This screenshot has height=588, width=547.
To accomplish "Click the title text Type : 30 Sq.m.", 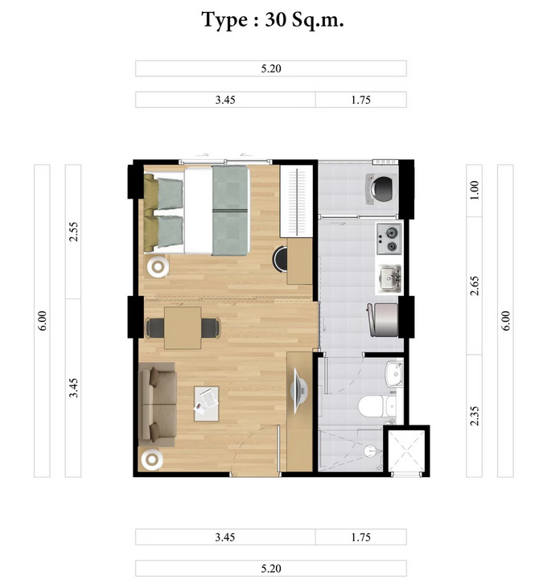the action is pos(273,20).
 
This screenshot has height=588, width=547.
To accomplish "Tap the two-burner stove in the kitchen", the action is pos(389,238).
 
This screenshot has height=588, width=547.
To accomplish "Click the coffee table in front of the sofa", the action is pos(206,404).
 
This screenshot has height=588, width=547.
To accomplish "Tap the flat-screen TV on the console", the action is pos(300,391).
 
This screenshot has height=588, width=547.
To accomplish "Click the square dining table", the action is pos(183,327).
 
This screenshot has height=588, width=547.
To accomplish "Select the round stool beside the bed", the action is pos(158,266).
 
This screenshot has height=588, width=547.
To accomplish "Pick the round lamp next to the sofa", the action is pos(152,459).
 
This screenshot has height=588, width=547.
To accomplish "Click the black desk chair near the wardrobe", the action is pos(280,258).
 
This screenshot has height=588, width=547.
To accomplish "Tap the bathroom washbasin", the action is pos(393,373).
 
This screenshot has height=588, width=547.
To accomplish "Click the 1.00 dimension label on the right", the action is pos(475,190).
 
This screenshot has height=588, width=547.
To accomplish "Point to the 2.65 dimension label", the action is pos(475,286).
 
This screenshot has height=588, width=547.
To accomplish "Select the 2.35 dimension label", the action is pos(475,416).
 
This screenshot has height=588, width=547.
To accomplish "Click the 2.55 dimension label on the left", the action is pos(73,232).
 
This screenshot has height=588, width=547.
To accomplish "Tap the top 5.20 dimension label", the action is pos(271,68).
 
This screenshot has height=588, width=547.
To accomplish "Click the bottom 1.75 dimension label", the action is pos(360,537).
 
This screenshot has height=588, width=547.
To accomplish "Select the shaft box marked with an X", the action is pos(406,451).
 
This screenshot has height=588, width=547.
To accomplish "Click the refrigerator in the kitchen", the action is pos(383,320).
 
